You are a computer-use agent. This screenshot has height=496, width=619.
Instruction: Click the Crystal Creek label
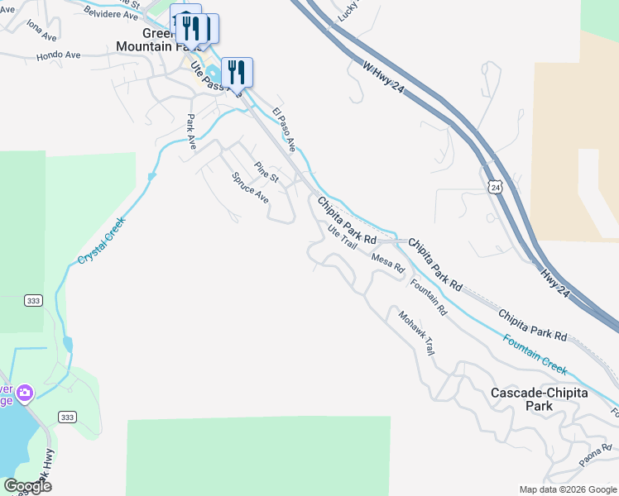pyautogui.click(x=102, y=241)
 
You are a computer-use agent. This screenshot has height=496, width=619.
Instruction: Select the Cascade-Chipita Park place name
pyautogui.click(x=539, y=399)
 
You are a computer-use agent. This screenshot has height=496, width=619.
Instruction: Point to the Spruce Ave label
pyautogui.click(x=251, y=188)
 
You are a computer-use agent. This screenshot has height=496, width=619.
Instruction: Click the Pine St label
pyautogui.click(x=266, y=172)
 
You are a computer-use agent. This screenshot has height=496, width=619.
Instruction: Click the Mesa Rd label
pyautogui.click(x=387, y=263)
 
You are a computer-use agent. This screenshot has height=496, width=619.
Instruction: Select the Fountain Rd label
pyautogui.click(x=429, y=298)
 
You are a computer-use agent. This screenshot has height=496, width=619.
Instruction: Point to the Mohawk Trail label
pyautogui.click(x=415, y=332)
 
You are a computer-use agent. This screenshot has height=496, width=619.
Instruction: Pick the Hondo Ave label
pyautogui.click(x=58, y=55)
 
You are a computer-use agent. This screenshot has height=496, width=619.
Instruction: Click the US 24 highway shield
pyautogui.click(x=495, y=188)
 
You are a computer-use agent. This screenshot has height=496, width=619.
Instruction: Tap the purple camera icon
pyautogui.click(x=25, y=391)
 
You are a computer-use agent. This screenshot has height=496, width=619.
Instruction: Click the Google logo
pyautogui.click(x=27, y=486)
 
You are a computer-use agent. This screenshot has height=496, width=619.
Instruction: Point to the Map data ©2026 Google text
pyautogui.click(x=568, y=489)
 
